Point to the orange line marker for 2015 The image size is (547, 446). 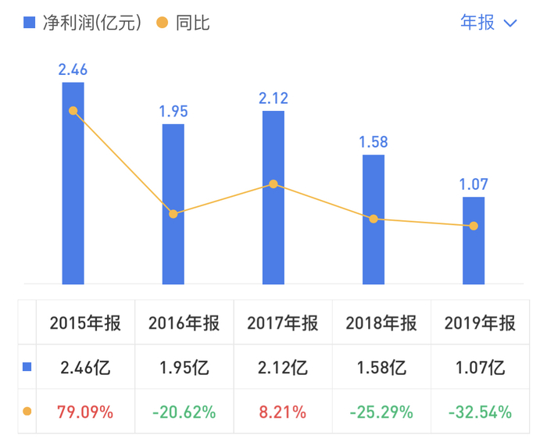coord(73,111)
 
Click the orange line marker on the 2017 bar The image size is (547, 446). coord(273,184)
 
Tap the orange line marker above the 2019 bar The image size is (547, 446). coord(474,227)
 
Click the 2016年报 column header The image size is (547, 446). coord(184,323)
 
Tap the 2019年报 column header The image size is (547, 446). coord(480,323)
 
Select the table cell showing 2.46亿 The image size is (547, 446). coord(85,367)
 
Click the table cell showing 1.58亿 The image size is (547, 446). coord(381,367)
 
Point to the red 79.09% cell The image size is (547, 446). coord(85,411)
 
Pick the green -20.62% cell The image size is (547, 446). coord(184,411)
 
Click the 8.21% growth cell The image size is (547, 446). coord(283,411)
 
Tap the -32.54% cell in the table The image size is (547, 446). coord(480,411)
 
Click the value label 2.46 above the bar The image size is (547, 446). coord(73,70)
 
